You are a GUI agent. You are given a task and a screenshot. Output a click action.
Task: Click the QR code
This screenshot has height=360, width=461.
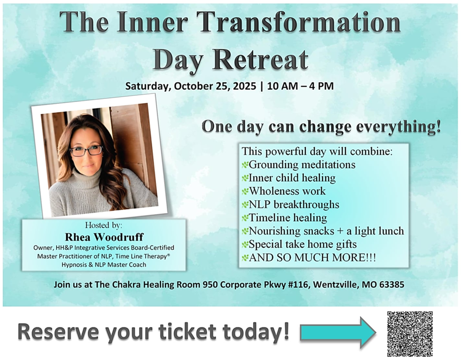tap(410, 334)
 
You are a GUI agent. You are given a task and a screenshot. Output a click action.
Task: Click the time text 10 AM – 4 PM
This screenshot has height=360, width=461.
tap(301, 86)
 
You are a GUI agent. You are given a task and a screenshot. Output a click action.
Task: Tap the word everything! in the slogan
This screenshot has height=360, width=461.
tap(398, 127)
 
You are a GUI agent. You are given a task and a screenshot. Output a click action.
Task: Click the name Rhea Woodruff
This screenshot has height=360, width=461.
tap(104, 237)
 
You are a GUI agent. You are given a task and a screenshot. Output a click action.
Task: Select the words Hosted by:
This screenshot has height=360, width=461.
tap(103, 225)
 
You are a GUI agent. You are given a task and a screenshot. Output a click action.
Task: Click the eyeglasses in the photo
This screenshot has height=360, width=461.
tap(86, 151)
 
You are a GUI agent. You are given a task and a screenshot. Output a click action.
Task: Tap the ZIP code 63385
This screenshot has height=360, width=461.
tap(391, 284)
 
